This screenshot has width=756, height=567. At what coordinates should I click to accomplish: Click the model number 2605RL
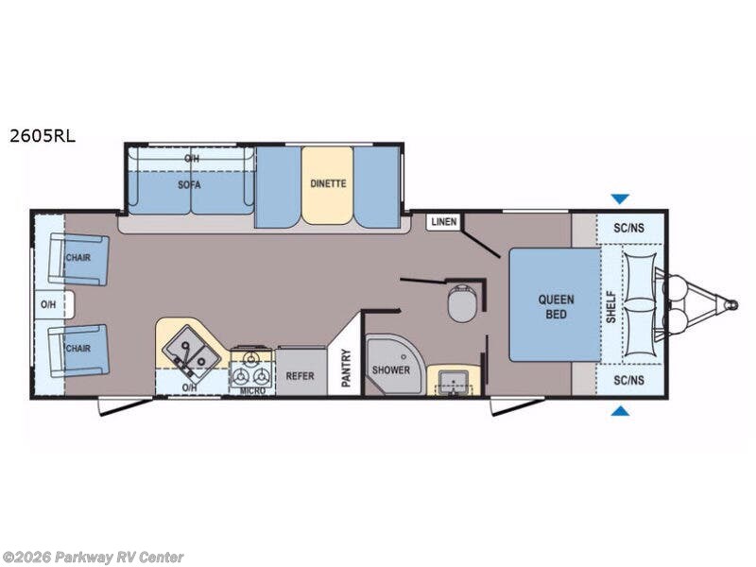click(x=43, y=136)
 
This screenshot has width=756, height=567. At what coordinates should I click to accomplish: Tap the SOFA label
click(x=189, y=184)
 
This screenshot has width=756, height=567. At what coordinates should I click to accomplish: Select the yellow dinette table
click(x=328, y=185)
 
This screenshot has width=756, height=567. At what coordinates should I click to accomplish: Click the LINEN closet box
click(x=443, y=222)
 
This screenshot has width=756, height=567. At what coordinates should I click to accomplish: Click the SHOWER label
click(x=391, y=370)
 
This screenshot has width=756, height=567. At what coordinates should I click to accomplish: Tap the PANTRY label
click(x=346, y=368)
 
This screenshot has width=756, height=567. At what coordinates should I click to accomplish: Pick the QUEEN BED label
click(x=556, y=306)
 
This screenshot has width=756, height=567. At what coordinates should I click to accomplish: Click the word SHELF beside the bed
click(x=610, y=306)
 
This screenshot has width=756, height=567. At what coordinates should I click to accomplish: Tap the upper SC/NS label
click(x=628, y=228)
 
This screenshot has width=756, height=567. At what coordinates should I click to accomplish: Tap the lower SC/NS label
click(x=628, y=381)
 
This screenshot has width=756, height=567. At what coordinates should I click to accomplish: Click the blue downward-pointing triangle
click(x=620, y=198)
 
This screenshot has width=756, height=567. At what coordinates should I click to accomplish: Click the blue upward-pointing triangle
click(x=621, y=411)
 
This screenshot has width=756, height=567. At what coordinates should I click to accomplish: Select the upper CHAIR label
click(x=78, y=257)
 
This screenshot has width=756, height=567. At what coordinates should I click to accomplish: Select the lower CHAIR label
click(x=78, y=348)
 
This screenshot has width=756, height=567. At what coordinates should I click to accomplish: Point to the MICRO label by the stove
click(x=252, y=390)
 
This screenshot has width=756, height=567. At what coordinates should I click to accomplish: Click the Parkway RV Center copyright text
click(x=92, y=558)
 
